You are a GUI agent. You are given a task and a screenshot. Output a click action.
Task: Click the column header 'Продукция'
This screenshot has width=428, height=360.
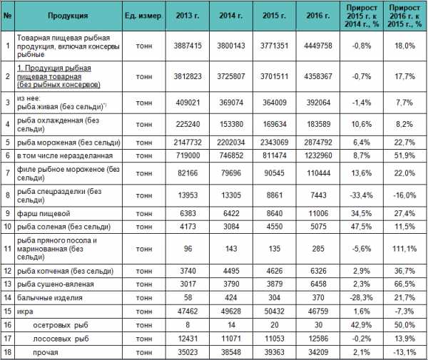coord(68,14)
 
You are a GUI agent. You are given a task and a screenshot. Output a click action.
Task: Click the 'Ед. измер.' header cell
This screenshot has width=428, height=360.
coord(143,14)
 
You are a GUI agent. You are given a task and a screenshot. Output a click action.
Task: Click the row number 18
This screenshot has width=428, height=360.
coord(8,351)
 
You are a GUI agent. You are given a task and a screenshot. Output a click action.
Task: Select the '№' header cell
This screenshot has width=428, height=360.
coord(8,14)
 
